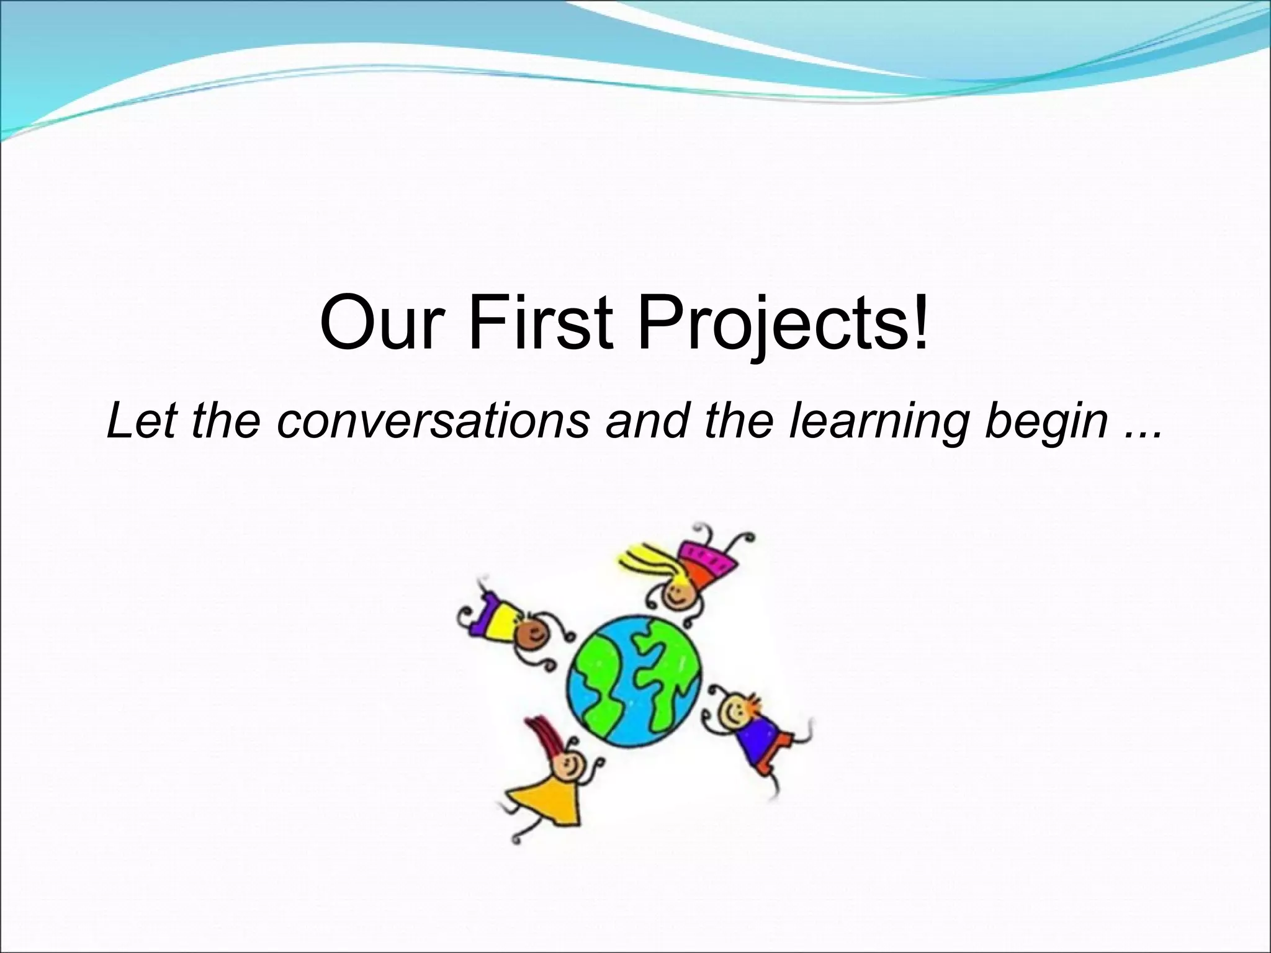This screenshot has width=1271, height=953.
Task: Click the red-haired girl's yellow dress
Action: [x=546, y=800]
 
